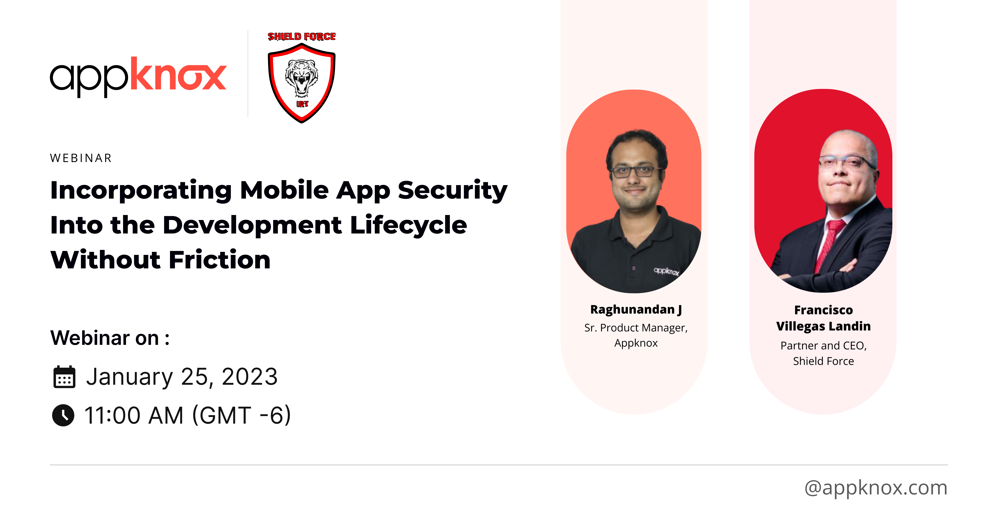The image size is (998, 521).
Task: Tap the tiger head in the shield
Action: [301, 77]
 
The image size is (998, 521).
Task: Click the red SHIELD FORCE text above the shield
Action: [301, 37]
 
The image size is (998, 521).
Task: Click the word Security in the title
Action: [452, 191]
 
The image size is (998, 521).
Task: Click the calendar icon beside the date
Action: [64, 377]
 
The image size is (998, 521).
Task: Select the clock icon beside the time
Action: [63, 415]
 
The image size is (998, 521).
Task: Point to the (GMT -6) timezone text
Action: [241, 415]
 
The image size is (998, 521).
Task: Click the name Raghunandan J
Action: [636, 310]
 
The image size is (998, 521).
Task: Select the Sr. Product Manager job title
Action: [636, 328]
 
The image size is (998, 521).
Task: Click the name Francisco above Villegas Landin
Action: [823, 310]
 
